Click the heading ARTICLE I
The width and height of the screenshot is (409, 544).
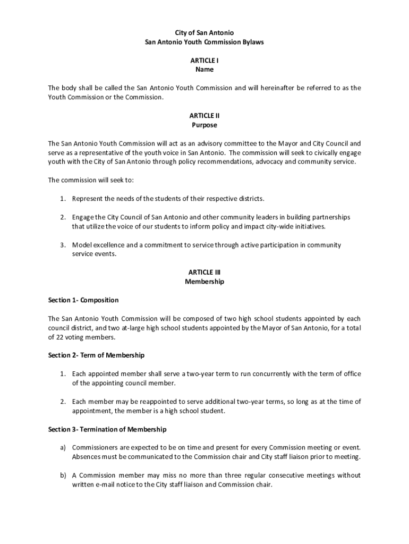204,60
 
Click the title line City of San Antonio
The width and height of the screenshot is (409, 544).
204,32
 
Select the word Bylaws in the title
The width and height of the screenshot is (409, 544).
251,42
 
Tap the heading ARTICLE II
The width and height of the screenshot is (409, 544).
204,115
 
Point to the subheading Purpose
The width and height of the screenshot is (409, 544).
204,125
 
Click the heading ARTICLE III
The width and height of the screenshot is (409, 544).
204,272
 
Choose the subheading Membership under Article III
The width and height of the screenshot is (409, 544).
204,282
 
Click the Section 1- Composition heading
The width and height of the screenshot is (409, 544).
83,300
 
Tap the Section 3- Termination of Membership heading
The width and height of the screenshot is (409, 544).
107,429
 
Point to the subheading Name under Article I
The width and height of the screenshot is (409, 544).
204,70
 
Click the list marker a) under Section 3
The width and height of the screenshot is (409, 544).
63,447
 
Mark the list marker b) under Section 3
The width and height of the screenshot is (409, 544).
63,475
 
